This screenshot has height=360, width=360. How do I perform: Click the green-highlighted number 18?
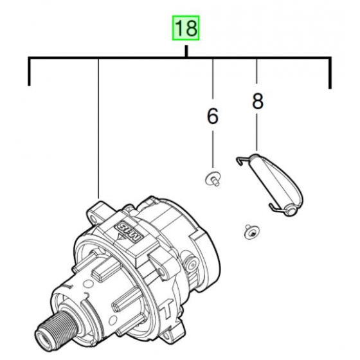[185, 29]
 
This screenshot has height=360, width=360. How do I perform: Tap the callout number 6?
[212, 116]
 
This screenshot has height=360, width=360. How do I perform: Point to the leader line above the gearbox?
[98, 129]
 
